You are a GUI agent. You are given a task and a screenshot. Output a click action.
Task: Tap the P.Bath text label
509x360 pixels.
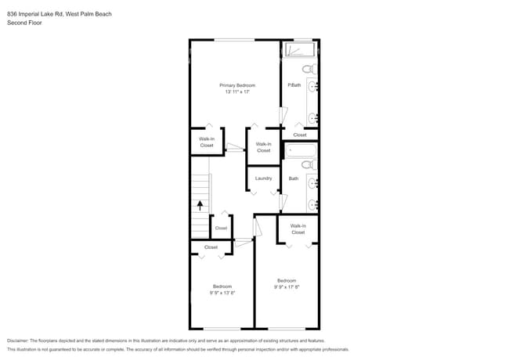[294, 85]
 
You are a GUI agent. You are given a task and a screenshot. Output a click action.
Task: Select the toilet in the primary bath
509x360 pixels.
[308, 70]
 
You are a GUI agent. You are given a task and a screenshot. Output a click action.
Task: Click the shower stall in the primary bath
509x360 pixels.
[299, 50]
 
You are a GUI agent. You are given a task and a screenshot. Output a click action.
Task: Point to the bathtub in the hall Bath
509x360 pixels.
[300, 150]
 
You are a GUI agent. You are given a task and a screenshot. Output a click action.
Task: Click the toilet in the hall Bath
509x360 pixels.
[308, 165]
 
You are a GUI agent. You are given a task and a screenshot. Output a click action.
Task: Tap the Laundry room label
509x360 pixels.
[263, 178]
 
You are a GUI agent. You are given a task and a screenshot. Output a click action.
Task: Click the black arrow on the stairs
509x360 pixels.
[200, 206]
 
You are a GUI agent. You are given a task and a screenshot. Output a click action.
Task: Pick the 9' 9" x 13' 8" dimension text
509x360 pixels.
[222, 293]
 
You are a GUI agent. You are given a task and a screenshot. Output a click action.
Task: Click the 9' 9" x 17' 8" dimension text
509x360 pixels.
[287, 287]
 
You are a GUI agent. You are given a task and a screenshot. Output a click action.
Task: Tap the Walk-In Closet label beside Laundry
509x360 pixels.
[263, 147]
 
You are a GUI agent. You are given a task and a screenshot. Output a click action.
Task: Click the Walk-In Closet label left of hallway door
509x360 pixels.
[207, 142]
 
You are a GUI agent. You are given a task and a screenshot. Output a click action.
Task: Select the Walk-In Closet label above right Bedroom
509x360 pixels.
[298, 229]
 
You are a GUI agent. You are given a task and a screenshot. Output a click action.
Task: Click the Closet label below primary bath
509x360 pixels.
[300, 135]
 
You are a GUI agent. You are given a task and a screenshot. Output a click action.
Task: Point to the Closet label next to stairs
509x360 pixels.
[221, 229]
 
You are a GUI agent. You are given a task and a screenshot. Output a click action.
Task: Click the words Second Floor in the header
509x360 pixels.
[25, 23]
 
